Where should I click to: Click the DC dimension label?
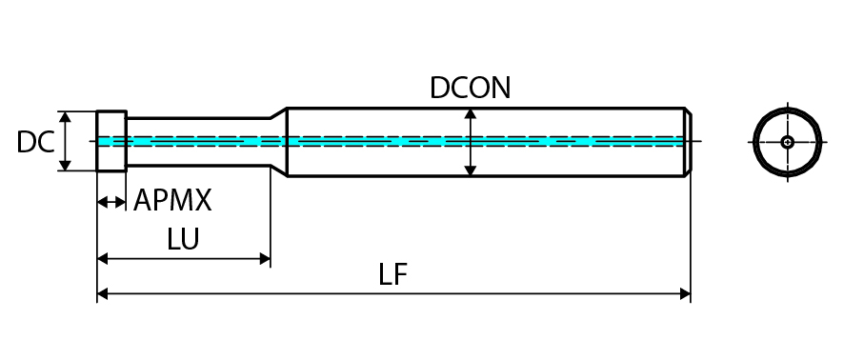click(35, 142)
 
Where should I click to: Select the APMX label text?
click(172, 200)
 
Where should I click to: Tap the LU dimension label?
click(183, 239)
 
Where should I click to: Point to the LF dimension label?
click(392, 274)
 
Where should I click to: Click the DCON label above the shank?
click(470, 88)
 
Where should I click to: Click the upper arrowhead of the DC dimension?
click(65, 117)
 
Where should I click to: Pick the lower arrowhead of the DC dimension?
click(65, 165)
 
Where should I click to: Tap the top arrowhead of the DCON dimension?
click(471, 114)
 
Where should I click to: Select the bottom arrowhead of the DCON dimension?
click(471, 170)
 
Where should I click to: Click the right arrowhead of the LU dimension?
click(265, 259)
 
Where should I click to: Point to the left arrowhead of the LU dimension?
click(103, 259)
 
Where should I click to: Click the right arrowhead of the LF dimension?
click(685, 294)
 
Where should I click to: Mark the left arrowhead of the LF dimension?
click(103, 294)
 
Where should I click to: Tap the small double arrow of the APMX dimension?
click(111, 203)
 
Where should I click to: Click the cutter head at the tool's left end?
click(111, 141)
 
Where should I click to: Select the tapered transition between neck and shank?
click(279, 141)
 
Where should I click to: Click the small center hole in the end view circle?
click(788, 142)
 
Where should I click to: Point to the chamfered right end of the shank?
click(688, 142)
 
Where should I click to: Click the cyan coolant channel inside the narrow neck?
click(198, 142)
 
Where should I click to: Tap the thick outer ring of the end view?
click(788, 110)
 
